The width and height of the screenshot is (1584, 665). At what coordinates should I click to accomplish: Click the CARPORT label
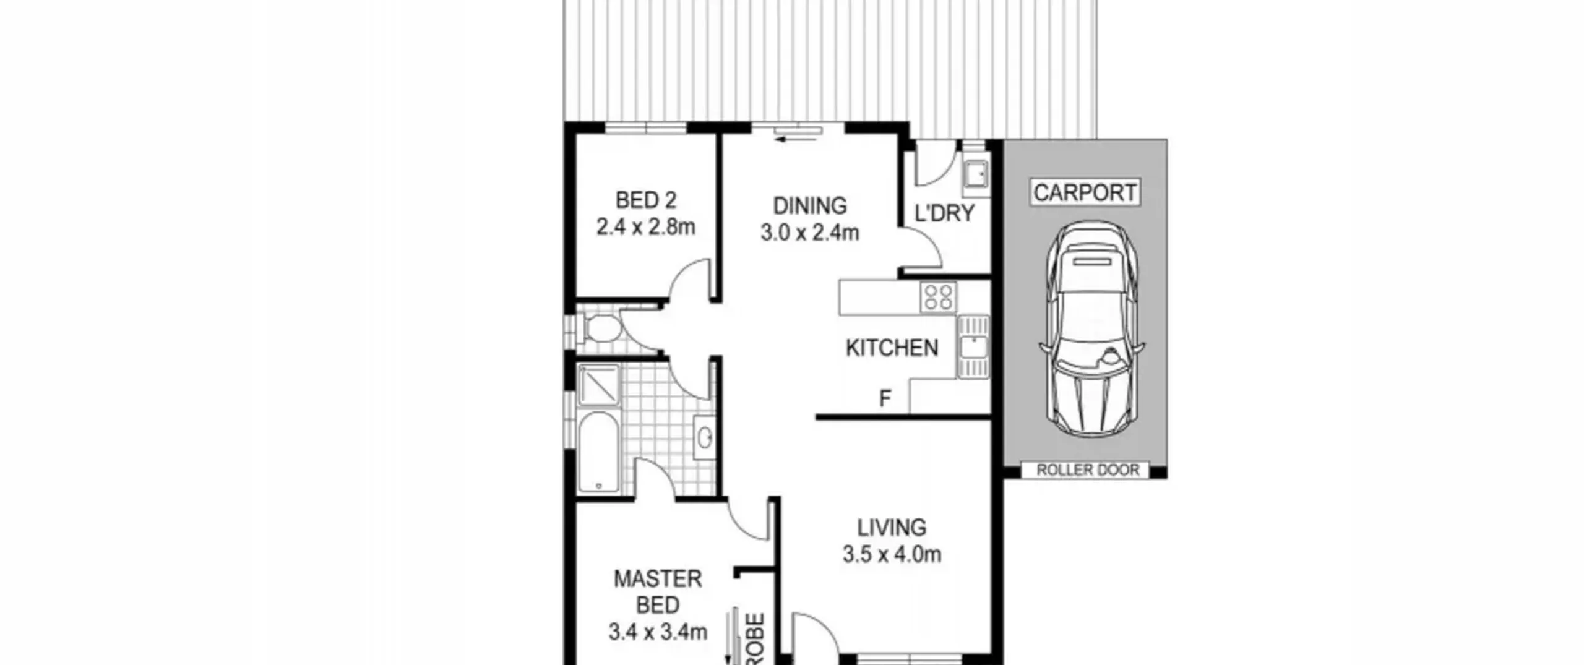pos(1085,192)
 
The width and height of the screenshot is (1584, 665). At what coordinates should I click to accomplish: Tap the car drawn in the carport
pos(1091,328)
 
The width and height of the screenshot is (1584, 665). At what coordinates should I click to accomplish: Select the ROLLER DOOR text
pos(1088,470)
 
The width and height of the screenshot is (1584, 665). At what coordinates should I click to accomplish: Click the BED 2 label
pos(646,200)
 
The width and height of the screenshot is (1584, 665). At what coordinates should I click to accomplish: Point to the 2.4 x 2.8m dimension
pos(646,227)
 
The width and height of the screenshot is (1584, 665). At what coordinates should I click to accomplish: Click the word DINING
pos(810,205)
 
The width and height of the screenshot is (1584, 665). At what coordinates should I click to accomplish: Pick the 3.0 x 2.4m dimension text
pos(810,233)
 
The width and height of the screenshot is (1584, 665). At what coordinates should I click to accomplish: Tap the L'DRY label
pos(944,213)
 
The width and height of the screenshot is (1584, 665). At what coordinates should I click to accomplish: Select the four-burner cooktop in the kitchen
pos(938,297)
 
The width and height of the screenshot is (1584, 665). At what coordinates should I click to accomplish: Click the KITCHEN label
pos(892,348)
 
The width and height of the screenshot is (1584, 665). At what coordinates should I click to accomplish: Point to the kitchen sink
pos(973,346)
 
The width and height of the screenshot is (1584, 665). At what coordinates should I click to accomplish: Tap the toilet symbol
pos(600,328)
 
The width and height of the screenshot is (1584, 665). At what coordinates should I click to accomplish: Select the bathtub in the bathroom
pos(598,452)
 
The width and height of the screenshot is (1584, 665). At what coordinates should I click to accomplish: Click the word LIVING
pos(892,528)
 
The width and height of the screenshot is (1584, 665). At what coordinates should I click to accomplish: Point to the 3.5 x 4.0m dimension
pos(892,554)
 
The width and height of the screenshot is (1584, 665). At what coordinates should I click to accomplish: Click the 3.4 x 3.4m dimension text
pos(658,632)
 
